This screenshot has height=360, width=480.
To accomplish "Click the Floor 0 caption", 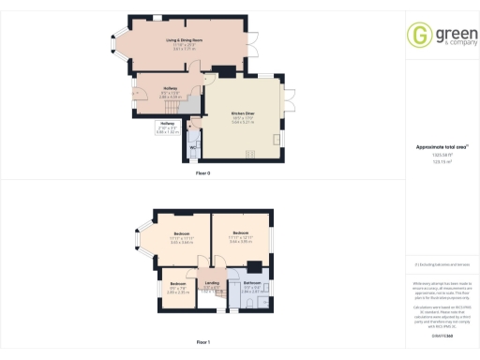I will click(202, 174).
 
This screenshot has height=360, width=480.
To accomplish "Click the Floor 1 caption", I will click(202, 342).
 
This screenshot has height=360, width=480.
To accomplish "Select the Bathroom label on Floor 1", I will click(252, 283).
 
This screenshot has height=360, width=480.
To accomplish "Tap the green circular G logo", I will click(418, 35).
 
